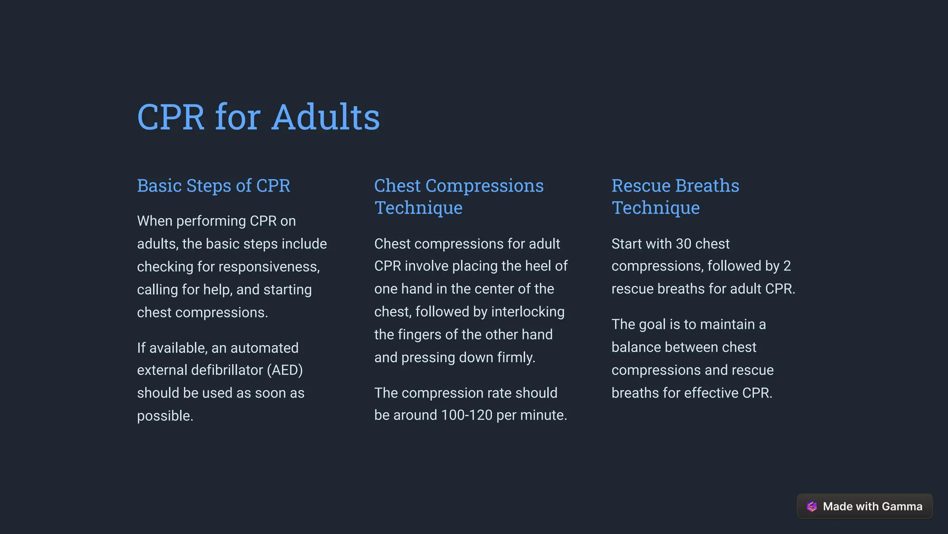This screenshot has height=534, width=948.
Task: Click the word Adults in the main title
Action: click(325, 117)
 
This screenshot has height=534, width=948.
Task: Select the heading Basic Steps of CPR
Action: click(213, 186)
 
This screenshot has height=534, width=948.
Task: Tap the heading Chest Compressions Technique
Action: click(459, 197)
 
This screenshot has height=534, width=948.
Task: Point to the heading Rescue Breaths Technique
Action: click(675, 197)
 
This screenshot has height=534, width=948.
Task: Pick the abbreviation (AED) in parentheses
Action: click(285, 370)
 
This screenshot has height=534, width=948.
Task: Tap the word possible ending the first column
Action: click(165, 416)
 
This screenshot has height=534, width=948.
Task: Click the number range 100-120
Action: click(467, 415)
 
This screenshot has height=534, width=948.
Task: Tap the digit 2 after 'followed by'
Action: click(787, 266)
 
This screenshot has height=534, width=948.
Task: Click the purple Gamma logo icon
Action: click(812, 506)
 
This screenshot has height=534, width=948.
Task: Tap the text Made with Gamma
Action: click(873, 506)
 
